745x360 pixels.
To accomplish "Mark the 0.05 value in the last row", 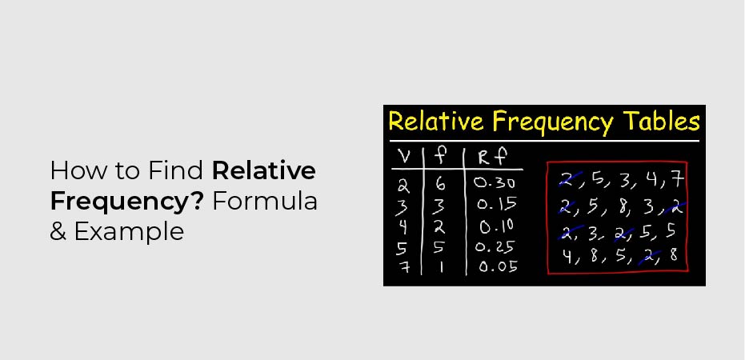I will pos(497,266).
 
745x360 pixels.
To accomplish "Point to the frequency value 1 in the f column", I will pos(441,266).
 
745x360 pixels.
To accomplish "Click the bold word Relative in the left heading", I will pos(264,170).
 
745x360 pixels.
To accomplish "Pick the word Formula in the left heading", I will pos(269,202).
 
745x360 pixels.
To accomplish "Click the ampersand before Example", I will pos(59,232).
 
